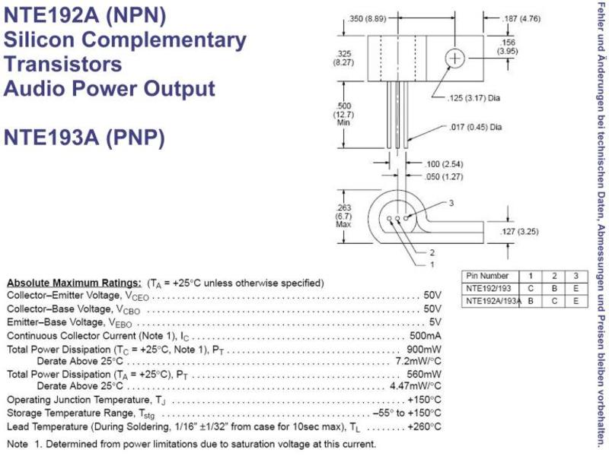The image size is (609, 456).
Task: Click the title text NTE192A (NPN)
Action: [x=84, y=15]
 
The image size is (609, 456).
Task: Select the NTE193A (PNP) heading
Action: [x=84, y=138]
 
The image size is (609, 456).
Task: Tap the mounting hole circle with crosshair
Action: [x=454, y=59]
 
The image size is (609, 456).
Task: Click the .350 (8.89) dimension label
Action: [x=367, y=18]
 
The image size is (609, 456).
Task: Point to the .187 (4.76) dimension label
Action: [x=521, y=18]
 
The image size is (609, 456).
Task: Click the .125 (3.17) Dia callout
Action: [x=473, y=98]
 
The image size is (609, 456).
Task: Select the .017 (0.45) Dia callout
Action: [x=475, y=127]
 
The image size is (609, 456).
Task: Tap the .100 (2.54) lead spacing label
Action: [x=444, y=164]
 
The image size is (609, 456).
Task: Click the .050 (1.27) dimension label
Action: [x=444, y=177]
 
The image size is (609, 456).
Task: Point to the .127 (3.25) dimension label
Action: [x=519, y=232]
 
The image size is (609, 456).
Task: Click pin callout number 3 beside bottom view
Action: [x=451, y=203]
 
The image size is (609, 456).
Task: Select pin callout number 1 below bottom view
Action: [x=432, y=264]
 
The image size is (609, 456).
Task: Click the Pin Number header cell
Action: [x=487, y=276]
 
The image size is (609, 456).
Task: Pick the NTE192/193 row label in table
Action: [x=489, y=289]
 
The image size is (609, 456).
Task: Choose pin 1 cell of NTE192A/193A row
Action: [x=531, y=301]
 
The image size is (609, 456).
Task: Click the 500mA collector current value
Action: [x=426, y=336]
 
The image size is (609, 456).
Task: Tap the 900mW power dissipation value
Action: [x=424, y=349]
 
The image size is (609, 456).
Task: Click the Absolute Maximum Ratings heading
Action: [x=74, y=283]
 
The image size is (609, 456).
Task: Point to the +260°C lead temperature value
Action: [x=424, y=426]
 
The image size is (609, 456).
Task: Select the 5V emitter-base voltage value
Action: [x=435, y=322]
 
